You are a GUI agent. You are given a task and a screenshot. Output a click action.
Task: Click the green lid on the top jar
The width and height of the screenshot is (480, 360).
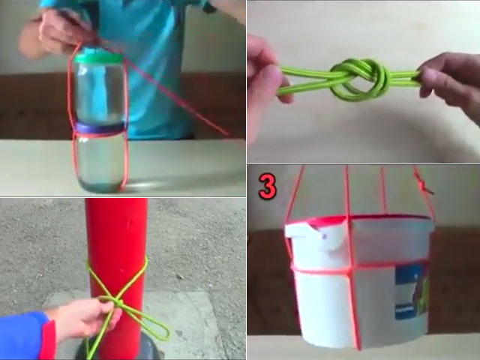point(99,57)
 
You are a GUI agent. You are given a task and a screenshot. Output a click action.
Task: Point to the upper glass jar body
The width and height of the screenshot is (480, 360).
point(99,94)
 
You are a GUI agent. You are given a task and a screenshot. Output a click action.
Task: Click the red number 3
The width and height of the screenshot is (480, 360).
point(268,187)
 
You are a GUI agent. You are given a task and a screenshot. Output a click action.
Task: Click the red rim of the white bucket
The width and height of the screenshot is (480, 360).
point(352,220)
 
